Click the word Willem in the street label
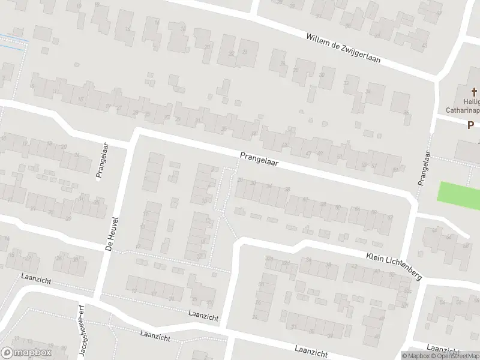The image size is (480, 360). click(x=319, y=40)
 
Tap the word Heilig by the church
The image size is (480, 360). click(x=470, y=101)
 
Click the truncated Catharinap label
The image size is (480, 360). click(x=463, y=110)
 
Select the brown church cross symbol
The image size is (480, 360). click(x=474, y=92)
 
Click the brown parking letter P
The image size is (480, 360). click(x=471, y=125)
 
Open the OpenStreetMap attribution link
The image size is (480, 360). click(x=454, y=355)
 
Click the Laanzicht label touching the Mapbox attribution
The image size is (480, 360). click(x=443, y=348)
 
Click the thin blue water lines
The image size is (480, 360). click(x=13, y=40)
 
